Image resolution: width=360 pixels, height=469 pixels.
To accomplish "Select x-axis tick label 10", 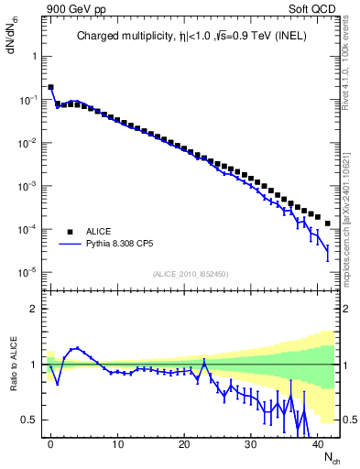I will point(117,442).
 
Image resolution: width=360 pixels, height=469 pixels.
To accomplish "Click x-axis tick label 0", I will point(50,442).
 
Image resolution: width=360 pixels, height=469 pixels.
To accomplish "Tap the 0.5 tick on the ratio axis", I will point(29,420).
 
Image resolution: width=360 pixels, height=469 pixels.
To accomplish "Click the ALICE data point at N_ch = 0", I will point(50,88).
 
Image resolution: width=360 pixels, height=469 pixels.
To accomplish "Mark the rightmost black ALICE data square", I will point(328,224).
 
